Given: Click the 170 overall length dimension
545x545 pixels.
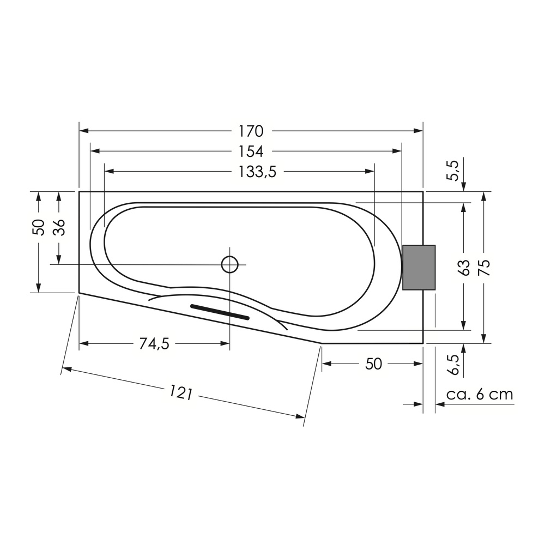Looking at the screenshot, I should (x=251, y=131).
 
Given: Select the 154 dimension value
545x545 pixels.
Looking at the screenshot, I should (x=251, y=151).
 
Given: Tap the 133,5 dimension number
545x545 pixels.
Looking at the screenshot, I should (x=258, y=172).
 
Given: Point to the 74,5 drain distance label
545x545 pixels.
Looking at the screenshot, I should (x=154, y=343).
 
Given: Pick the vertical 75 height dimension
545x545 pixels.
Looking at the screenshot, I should (x=484, y=267).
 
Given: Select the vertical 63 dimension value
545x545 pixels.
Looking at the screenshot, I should (x=464, y=267).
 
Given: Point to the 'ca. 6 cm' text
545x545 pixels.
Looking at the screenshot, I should (x=480, y=394).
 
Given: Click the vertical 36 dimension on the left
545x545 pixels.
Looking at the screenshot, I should (x=59, y=227).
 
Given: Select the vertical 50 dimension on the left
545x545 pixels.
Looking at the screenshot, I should (x=38, y=227).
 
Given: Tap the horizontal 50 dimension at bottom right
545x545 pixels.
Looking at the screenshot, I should (x=373, y=364).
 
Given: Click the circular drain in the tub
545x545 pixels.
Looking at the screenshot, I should (x=230, y=264).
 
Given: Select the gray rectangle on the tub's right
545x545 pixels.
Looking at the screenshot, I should (x=419, y=267).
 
